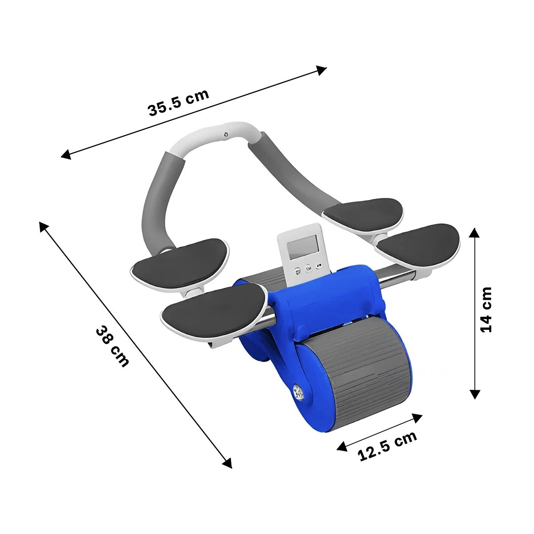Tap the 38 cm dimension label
(x=112, y=347)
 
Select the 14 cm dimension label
(x=485, y=309)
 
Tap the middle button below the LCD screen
(x=308, y=268)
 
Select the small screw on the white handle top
(x=226, y=134)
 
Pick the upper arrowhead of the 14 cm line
(x=474, y=233)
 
